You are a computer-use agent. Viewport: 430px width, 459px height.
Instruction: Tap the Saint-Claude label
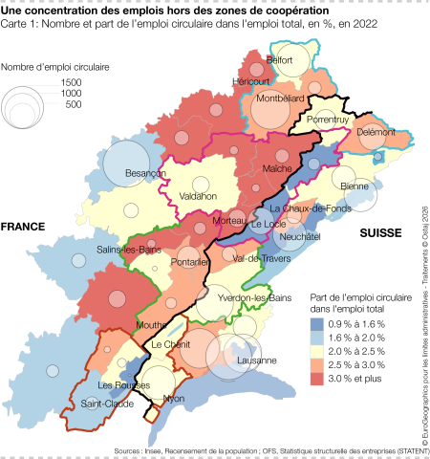106,403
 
